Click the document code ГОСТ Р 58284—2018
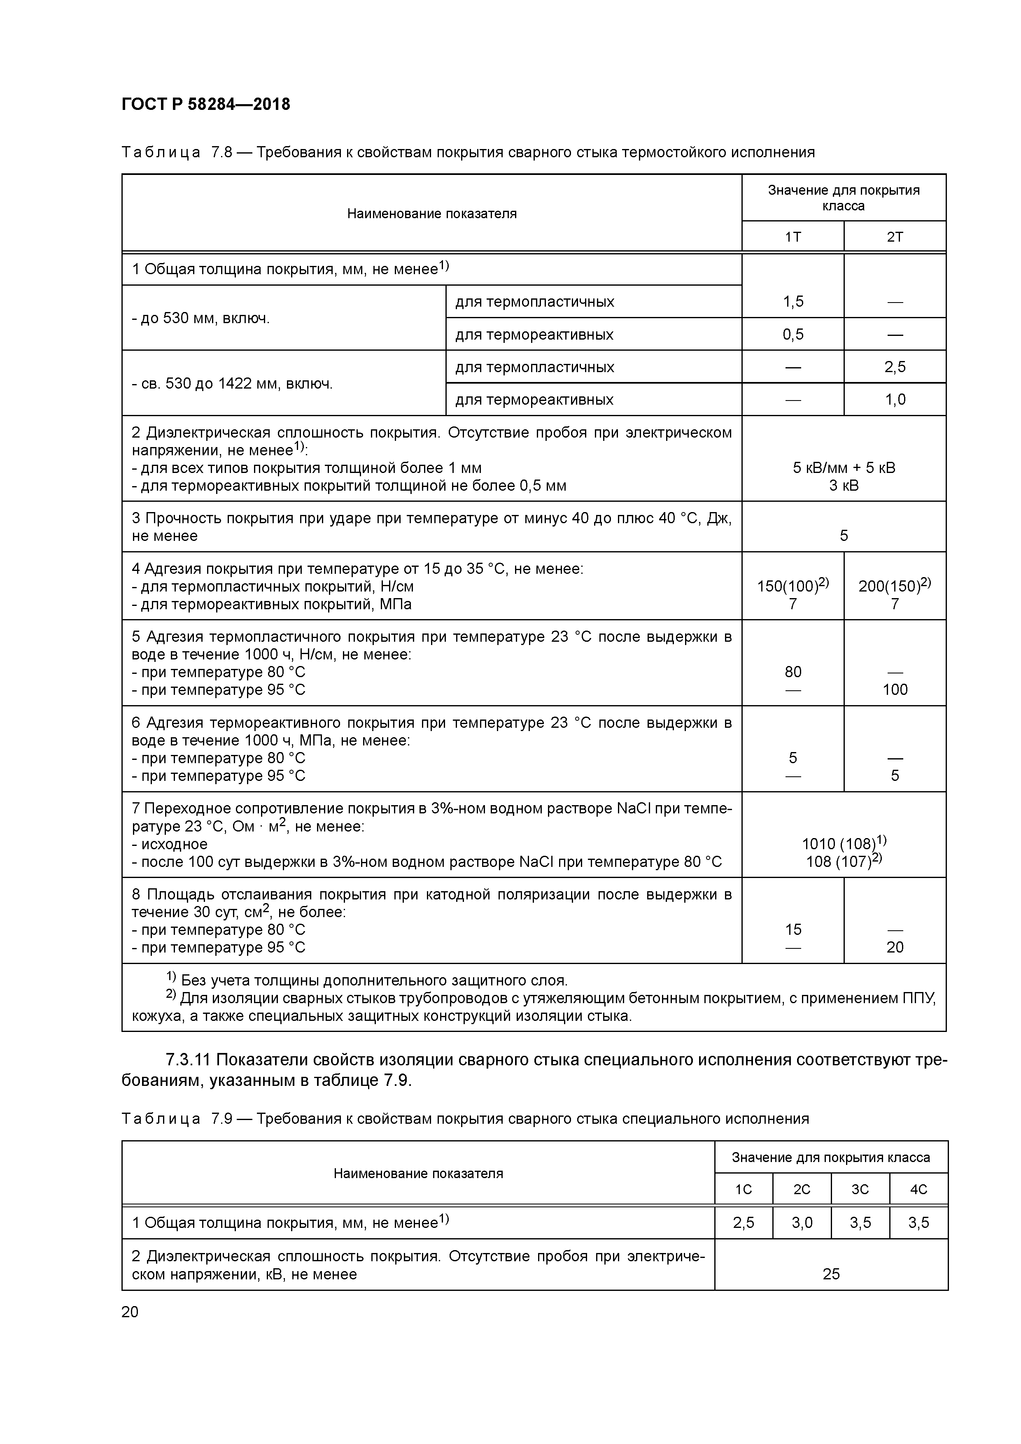coord(206,105)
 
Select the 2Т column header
coord(895,237)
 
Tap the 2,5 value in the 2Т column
coord(895,367)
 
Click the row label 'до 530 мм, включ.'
coord(201,318)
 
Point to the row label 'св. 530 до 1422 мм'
coord(232,384)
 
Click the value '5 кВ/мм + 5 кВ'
coord(844,468)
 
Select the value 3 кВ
coord(844,486)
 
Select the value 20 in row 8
coord(895,947)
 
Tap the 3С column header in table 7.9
coord(860,1189)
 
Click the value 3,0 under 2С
coord(802,1223)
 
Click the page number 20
coord(130,1312)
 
